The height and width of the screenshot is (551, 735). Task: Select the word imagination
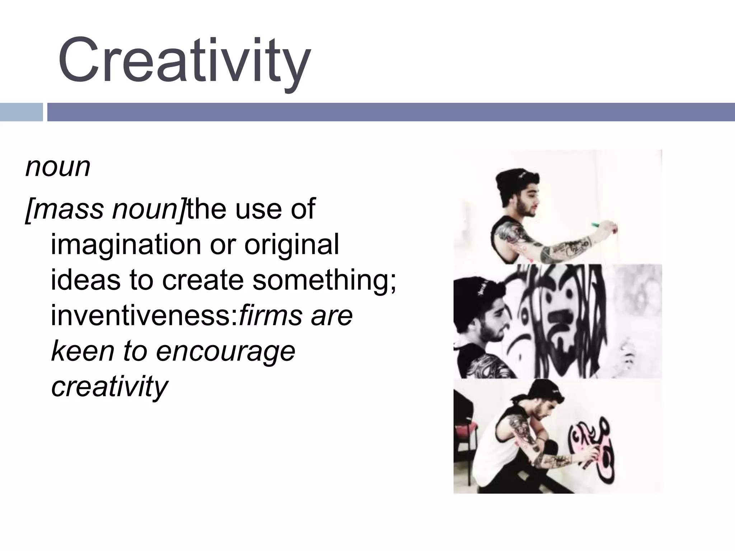pyautogui.click(x=126, y=245)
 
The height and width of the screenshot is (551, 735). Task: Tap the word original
pyautogui.click(x=291, y=245)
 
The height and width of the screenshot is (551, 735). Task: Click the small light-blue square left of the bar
pyautogui.click(x=21, y=112)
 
